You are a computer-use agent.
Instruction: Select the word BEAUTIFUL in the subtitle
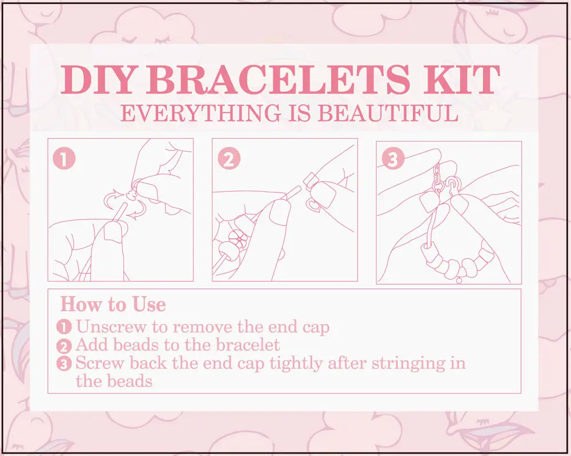pyautogui.click(x=388, y=113)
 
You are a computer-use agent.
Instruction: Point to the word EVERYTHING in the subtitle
pyautogui.click(x=200, y=113)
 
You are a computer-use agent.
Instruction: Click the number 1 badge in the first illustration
pyautogui.click(x=64, y=159)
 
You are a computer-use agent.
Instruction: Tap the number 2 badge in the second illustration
pyautogui.click(x=229, y=159)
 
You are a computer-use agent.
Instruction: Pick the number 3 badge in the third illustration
pyautogui.click(x=393, y=159)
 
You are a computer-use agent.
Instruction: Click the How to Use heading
pyautogui.click(x=113, y=304)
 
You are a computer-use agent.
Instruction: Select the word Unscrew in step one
pyautogui.click(x=111, y=327)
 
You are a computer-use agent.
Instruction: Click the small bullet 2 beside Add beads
pyautogui.click(x=64, y=346)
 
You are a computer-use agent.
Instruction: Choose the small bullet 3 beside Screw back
pyautogui.click(x=64, y=364)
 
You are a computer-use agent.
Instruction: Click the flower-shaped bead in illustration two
pyautogui.click(x=238, y=239)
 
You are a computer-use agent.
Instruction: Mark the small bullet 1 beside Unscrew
pyautogui.click(x=64, y=327)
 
